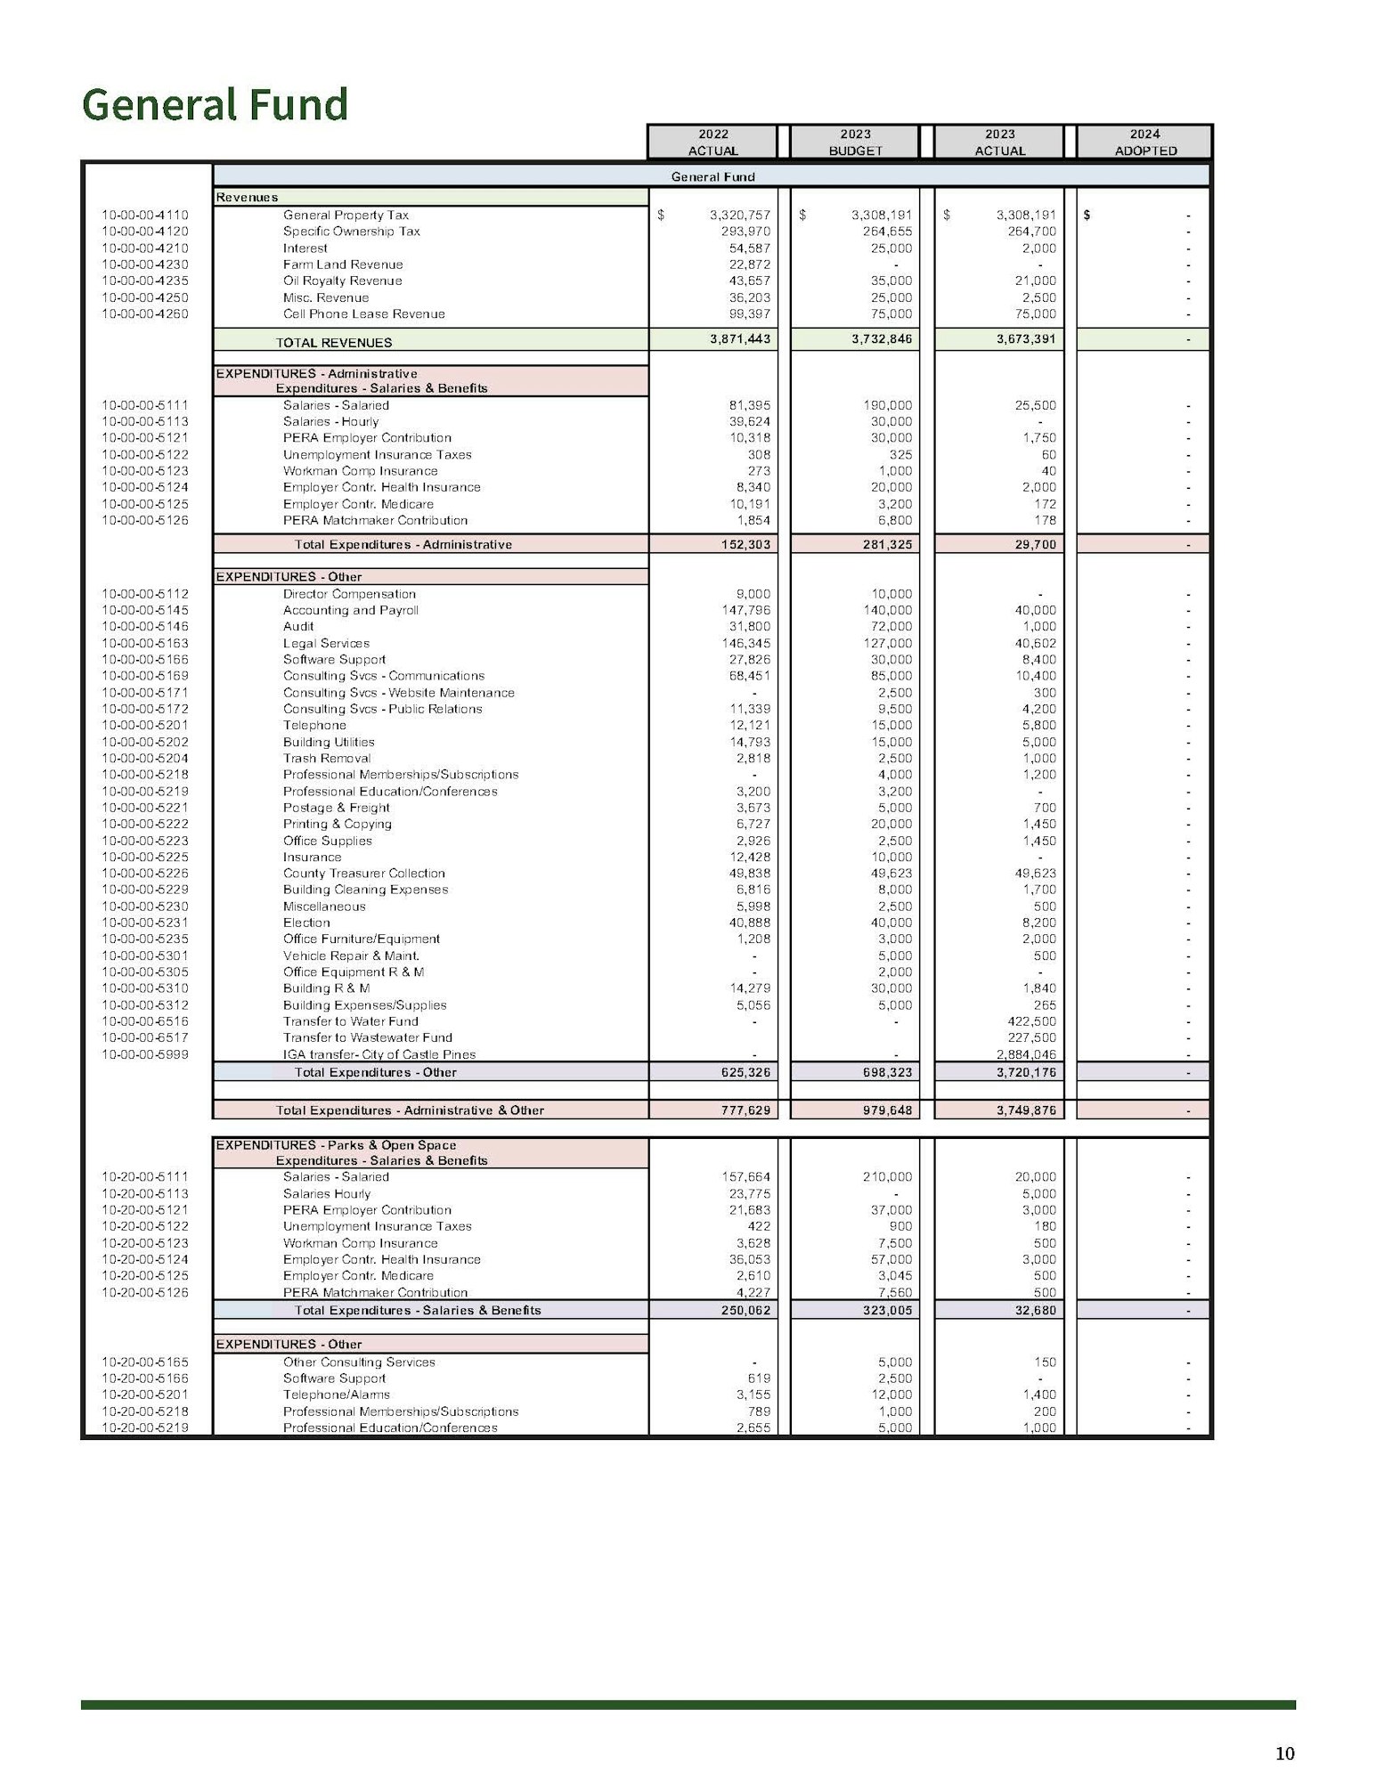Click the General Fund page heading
tap(215, 104)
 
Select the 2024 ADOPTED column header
tap(1144, 142)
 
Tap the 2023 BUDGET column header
tap(855, 142)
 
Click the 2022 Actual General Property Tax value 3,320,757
tap(739, 215)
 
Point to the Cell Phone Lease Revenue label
tap(363, 314)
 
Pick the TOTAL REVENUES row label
tap(333, 343)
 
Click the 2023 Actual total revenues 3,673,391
tap(1026, 339)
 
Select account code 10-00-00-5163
tap(145, 643)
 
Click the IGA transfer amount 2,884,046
tap(1026, 1054)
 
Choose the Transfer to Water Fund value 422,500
tap(1031, 1021)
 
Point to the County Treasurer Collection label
tap(363, 874)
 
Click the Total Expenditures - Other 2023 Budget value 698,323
tap(887, 1072)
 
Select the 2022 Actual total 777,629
tap(745, 1110)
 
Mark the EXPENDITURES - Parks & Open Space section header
tap(336, 1145)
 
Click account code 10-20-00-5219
tap(145, 1427)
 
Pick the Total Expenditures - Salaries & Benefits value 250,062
tap(745, 1310)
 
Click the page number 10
tap(1284, 1753)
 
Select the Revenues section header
tap(247, 198)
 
